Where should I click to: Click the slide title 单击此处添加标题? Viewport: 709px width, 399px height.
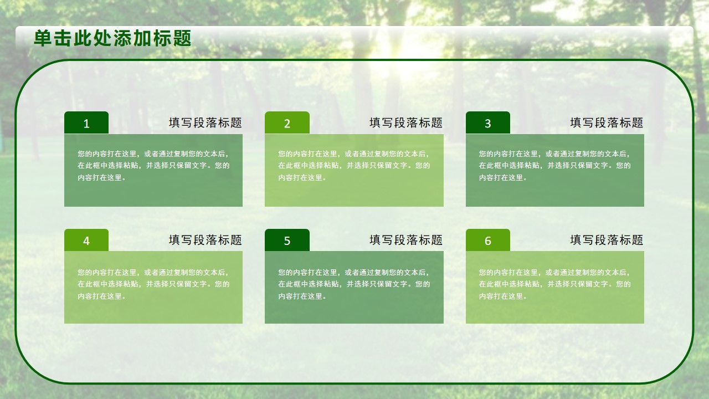[112, 38]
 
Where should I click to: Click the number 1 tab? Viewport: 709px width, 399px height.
[86, 122]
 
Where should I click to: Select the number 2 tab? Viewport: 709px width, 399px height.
[287, 122]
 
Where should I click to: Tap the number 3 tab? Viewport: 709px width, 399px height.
[488, 122]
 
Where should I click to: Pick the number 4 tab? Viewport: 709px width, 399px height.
[86, 240]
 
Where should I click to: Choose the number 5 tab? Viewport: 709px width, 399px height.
[287, 240]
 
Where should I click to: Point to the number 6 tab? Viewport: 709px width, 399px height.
[488, 240]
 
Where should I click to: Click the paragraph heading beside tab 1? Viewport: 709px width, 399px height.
[205, 122]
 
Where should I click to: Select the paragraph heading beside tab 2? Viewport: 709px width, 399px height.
[406, 122]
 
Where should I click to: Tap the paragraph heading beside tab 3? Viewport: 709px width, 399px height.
[607, 122]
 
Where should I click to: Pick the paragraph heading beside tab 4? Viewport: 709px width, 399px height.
[205, 240]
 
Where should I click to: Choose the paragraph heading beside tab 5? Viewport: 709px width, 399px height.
[406, 240]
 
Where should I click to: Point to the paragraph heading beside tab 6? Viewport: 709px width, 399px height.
[607, 240]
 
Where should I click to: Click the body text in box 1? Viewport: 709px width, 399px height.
[153, 166]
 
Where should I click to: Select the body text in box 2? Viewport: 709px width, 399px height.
[354, 166]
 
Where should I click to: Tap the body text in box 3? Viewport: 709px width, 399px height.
[555, 166]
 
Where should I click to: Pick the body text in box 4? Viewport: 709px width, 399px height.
[153, 284]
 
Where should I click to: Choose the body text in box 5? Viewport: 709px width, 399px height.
[354, 284]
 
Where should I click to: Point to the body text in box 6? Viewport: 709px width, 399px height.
[555, 284]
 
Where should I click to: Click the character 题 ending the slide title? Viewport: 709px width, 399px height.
[182, 38]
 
